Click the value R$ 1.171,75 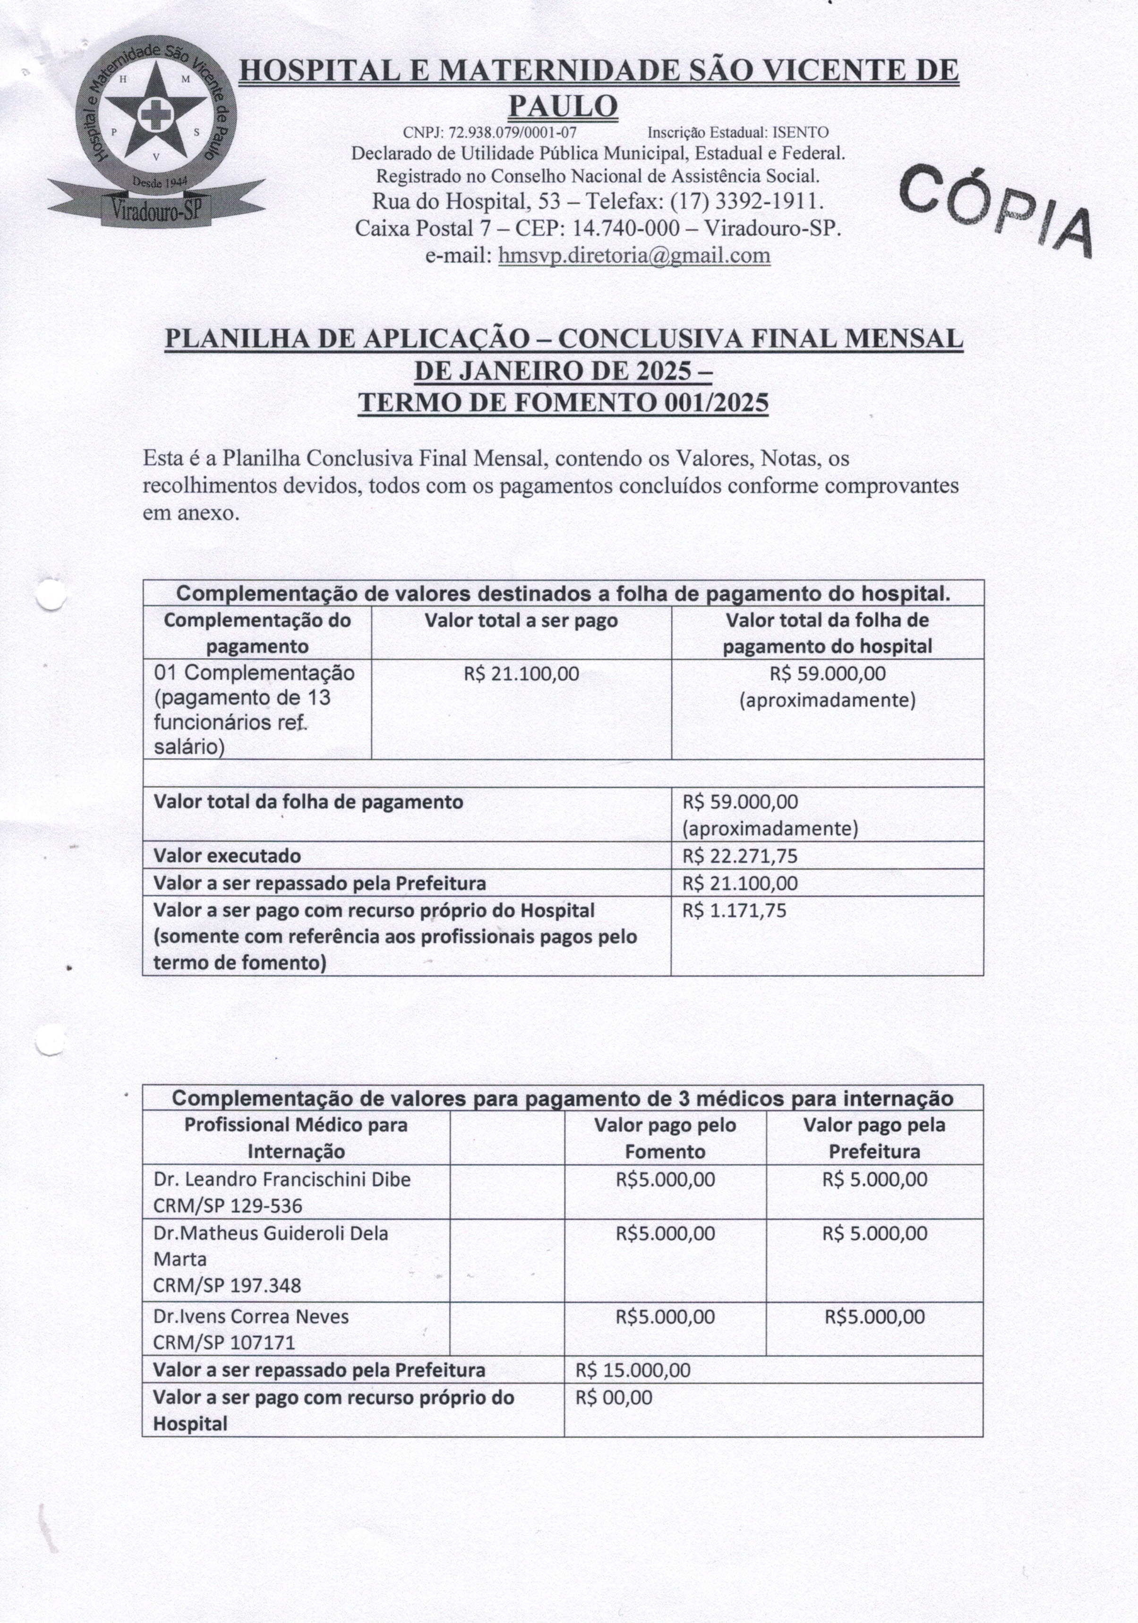(734, 910)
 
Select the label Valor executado (227, 856)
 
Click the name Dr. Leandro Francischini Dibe (282, 1179)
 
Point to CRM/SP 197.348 (227, 1285)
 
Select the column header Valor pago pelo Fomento (665, 1138)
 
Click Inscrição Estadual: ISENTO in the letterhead (738, 132)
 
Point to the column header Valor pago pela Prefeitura (874, 1138)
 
